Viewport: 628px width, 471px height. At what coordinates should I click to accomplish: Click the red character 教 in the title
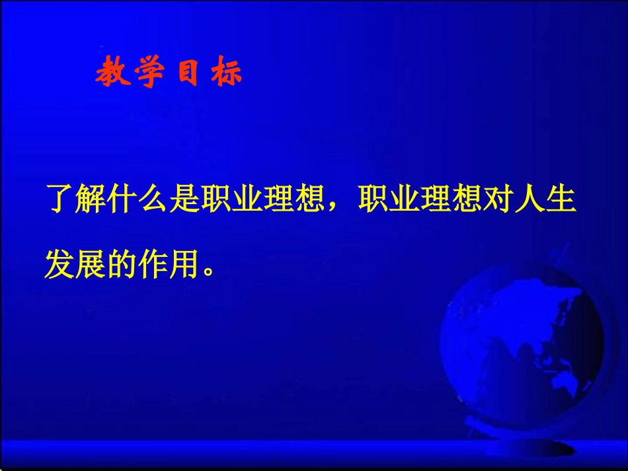[110, 73]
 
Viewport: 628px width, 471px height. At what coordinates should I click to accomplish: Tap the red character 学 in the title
[149, 73]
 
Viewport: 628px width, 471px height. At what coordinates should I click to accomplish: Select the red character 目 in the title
[187, 73]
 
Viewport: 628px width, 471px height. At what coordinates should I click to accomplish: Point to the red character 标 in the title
[226, 73]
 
